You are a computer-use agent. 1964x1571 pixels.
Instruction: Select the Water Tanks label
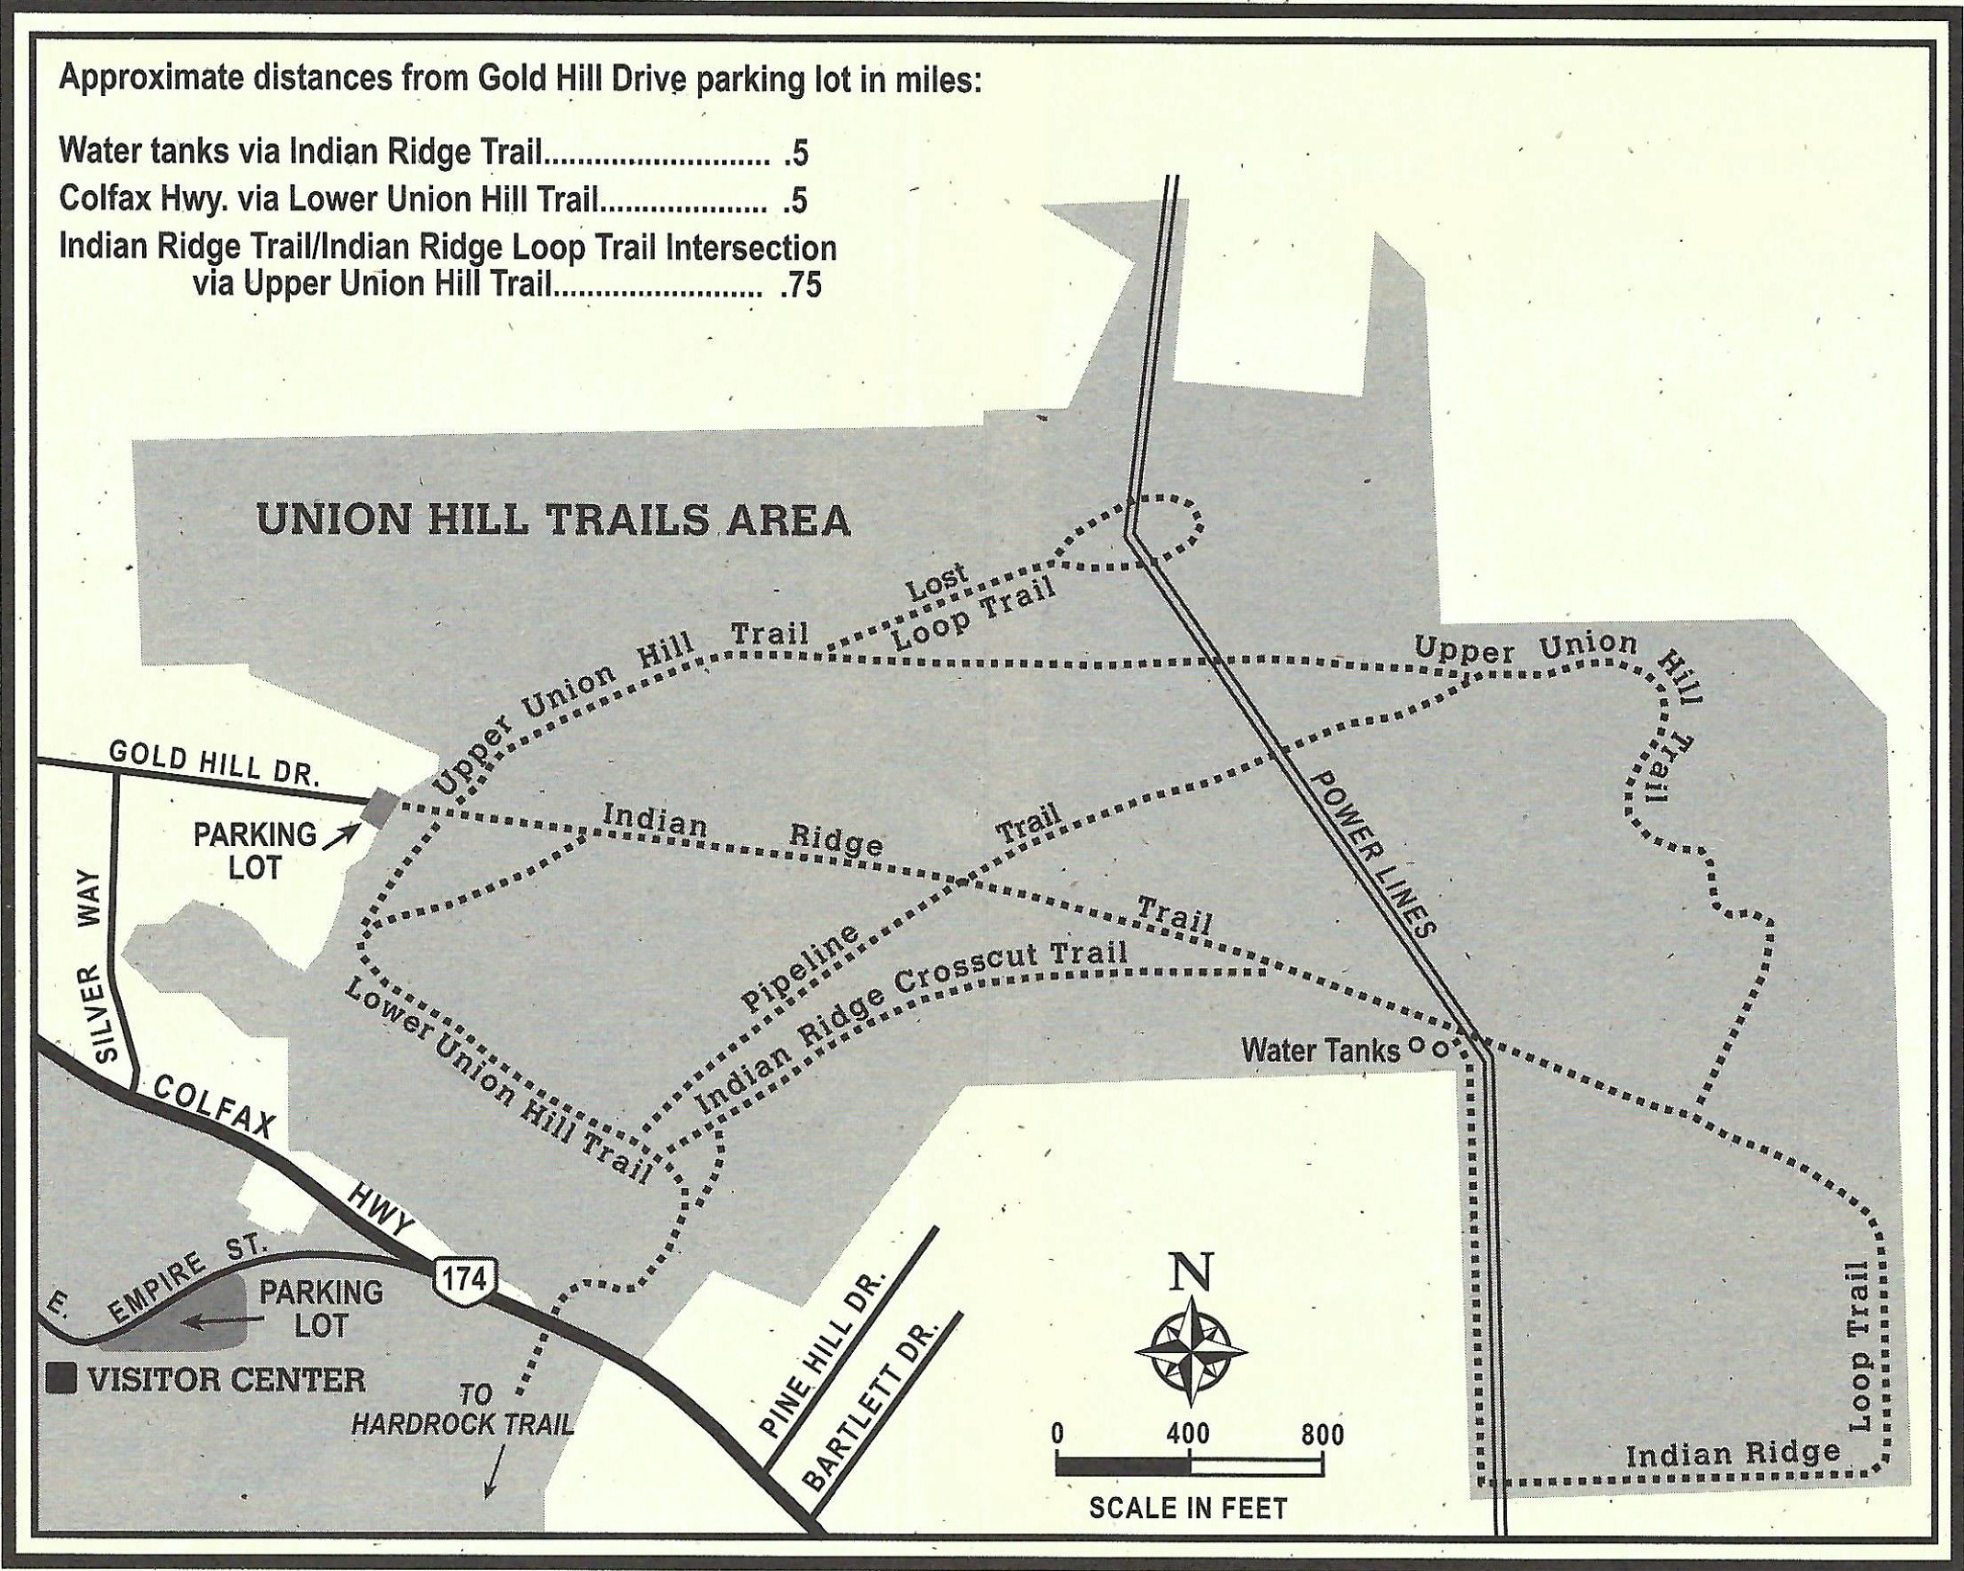[x=1321, y=1051]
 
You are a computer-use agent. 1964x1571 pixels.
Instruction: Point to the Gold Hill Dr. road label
[x=214, y=763]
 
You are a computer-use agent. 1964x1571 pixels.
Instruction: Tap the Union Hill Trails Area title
[x=553, y=520]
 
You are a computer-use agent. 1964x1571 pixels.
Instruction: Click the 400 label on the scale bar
[x=1188, y=1435]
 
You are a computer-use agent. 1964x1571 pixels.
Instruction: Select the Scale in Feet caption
[x=1188, y=1509]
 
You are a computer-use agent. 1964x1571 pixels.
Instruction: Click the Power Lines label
[x=1372, y=854]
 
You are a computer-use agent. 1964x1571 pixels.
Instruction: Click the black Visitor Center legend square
[x=62, y=1379]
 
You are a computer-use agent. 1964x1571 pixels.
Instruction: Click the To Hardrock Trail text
[x=463, y=1409]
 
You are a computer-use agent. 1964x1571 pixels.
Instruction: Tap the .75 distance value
[x=801, y=286]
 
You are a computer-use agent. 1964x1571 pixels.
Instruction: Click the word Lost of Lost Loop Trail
[x=937, y=583]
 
